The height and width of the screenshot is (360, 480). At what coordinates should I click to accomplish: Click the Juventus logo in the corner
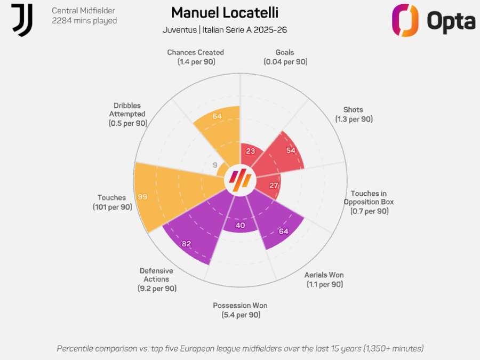click(22, 20)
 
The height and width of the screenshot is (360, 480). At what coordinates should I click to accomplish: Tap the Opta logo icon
click(405, 20)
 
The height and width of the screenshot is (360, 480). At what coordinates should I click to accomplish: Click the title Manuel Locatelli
click(225, 13)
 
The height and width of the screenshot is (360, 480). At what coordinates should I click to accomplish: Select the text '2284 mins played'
click(84, 21)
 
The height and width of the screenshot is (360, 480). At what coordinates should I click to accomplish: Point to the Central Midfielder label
click(83, 10)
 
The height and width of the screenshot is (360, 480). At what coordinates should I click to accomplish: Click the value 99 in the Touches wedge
click(142, 197)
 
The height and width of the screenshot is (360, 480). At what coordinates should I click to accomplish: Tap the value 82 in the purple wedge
click(186, 244)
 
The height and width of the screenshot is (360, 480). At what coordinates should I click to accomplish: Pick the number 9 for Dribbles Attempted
click(215, 165)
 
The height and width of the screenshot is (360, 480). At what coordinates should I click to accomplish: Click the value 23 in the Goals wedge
click(250, 151)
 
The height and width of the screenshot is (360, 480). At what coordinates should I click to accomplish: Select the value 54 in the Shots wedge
click(291, 150)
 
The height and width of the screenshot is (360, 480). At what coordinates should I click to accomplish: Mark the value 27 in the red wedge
click(274, 186)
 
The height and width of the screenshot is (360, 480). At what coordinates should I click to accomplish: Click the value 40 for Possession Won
click(240, 225)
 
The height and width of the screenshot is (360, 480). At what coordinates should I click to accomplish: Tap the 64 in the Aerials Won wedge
click(283, 231)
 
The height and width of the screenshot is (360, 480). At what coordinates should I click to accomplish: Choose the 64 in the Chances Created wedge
click(217, 116)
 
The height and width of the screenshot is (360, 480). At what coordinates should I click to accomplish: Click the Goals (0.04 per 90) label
click(285, 57)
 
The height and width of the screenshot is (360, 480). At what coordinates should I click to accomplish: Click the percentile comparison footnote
click(240, 348)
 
